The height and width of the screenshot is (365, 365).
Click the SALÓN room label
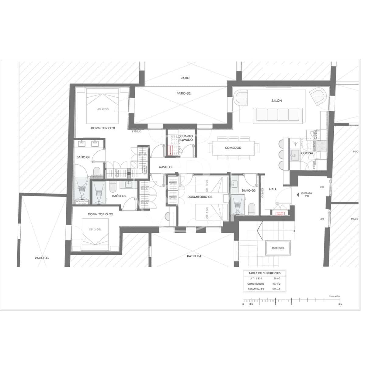coord(276,101)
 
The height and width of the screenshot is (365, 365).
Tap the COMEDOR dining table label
coord(233,148)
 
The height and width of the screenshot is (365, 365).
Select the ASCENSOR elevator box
coord(278,248)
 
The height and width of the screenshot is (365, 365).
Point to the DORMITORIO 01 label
coord(103,128)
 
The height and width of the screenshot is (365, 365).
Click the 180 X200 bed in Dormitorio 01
coord(103,105)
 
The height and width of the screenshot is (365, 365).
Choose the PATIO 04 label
coord(194,256)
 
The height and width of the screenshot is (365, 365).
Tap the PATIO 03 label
coord(42,258)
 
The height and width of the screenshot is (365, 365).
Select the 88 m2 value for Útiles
coord(277,278)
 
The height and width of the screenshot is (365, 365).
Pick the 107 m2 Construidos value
coord(276,284)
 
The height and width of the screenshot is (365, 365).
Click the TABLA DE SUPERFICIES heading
coord(265,273)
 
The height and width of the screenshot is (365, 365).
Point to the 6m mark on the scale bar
coord(340,304)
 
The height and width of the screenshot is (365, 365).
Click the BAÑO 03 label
coord(249,190)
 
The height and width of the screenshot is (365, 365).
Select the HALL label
coord(273,189)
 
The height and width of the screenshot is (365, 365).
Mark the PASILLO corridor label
coord(165,167)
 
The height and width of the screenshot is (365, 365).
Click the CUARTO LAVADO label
coord(186,138)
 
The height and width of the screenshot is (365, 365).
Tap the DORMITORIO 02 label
coord(100,214)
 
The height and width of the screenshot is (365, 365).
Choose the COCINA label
coord(307,153)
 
